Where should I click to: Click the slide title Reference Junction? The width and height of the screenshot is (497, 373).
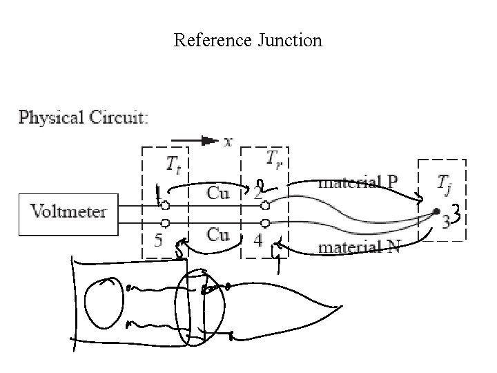(x=248, y=40)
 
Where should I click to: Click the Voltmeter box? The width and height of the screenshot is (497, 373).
(x=68, y=211)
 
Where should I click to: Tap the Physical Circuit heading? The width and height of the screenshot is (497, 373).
(x=83, y=117)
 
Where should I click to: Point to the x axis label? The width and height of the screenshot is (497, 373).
(x=228, y=141)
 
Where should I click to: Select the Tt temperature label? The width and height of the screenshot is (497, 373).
(x=174, y=164)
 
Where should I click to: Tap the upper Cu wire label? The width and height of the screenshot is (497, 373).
(x=218, y=193)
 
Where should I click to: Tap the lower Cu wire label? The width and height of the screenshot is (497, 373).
(x=218, y=235)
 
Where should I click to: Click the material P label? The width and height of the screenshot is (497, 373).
(x=358, y=182)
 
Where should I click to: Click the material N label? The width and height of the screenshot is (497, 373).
(x=358, y=247)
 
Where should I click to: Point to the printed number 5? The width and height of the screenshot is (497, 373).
(x=158, y=241)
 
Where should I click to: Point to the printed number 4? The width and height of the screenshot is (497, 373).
(x=257, y=241)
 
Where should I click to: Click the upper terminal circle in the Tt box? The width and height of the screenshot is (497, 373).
(x=166, y=205)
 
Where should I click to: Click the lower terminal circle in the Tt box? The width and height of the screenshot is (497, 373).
(x=166, y=222)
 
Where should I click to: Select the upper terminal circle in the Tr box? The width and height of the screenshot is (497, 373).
(x=264, y=205)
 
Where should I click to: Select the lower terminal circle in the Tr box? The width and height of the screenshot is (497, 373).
(x=264, y=222)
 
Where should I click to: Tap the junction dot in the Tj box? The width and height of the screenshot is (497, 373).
(x=436, y=212)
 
